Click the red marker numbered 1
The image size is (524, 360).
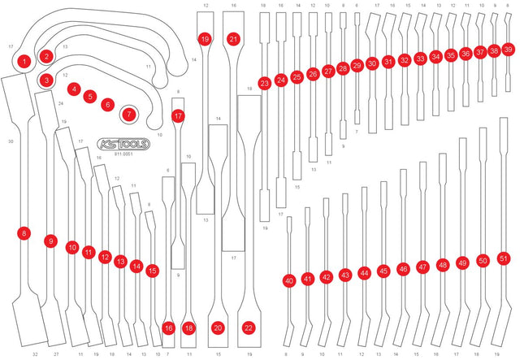tap(25, 60)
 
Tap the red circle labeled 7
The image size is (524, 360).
tap(128, 115)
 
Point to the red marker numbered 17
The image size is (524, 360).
tap(178, 116)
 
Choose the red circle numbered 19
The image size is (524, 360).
tap(204, 39)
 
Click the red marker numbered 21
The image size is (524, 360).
tap(233, 39)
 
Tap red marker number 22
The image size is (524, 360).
tap(249, 327)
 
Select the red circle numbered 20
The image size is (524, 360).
tap(218, 327)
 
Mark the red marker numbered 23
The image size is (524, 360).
tap(264, 83)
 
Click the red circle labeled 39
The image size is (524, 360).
tap(508, 49)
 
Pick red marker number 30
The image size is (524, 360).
tap(372, 63)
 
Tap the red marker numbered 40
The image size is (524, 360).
tap(288, 280)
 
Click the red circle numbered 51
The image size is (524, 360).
tap(504, 258)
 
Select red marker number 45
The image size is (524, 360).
tap(383, 271)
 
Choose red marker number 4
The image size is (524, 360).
tap(74, 89)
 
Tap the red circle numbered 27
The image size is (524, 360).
tap(328, 72)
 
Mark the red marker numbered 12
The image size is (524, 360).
tap(105, 257)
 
